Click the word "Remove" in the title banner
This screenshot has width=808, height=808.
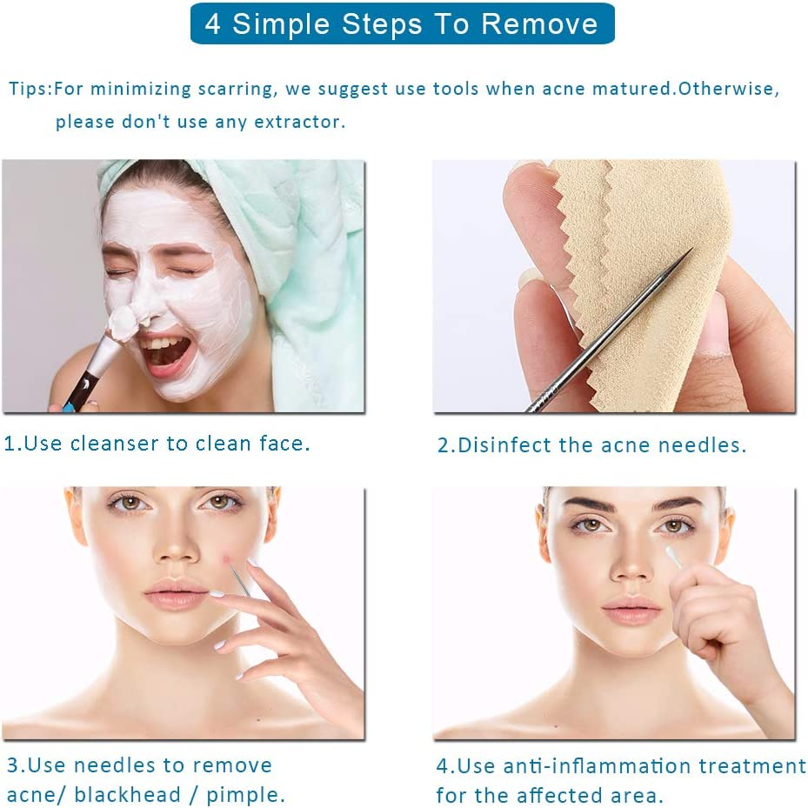540,24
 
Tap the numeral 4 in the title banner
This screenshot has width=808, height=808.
213,24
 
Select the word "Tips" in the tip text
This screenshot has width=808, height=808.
29,89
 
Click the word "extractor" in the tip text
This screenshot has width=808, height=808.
297,122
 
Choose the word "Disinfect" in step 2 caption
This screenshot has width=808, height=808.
503,445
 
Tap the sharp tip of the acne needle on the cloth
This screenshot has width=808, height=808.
692,250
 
